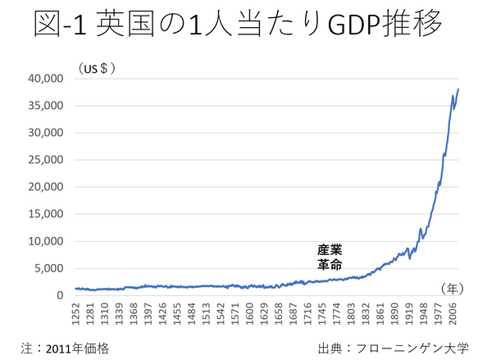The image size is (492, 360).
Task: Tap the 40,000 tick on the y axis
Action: pos(46,79)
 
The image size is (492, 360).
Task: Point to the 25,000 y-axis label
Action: pos(46,160)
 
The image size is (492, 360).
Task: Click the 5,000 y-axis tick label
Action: pos(49,268)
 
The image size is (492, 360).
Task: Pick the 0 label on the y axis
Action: pos(60,295)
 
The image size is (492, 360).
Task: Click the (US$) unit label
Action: pos(96,67)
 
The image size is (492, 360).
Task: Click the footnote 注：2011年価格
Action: pos(65,348)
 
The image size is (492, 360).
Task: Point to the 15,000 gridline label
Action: pos(46,214)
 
